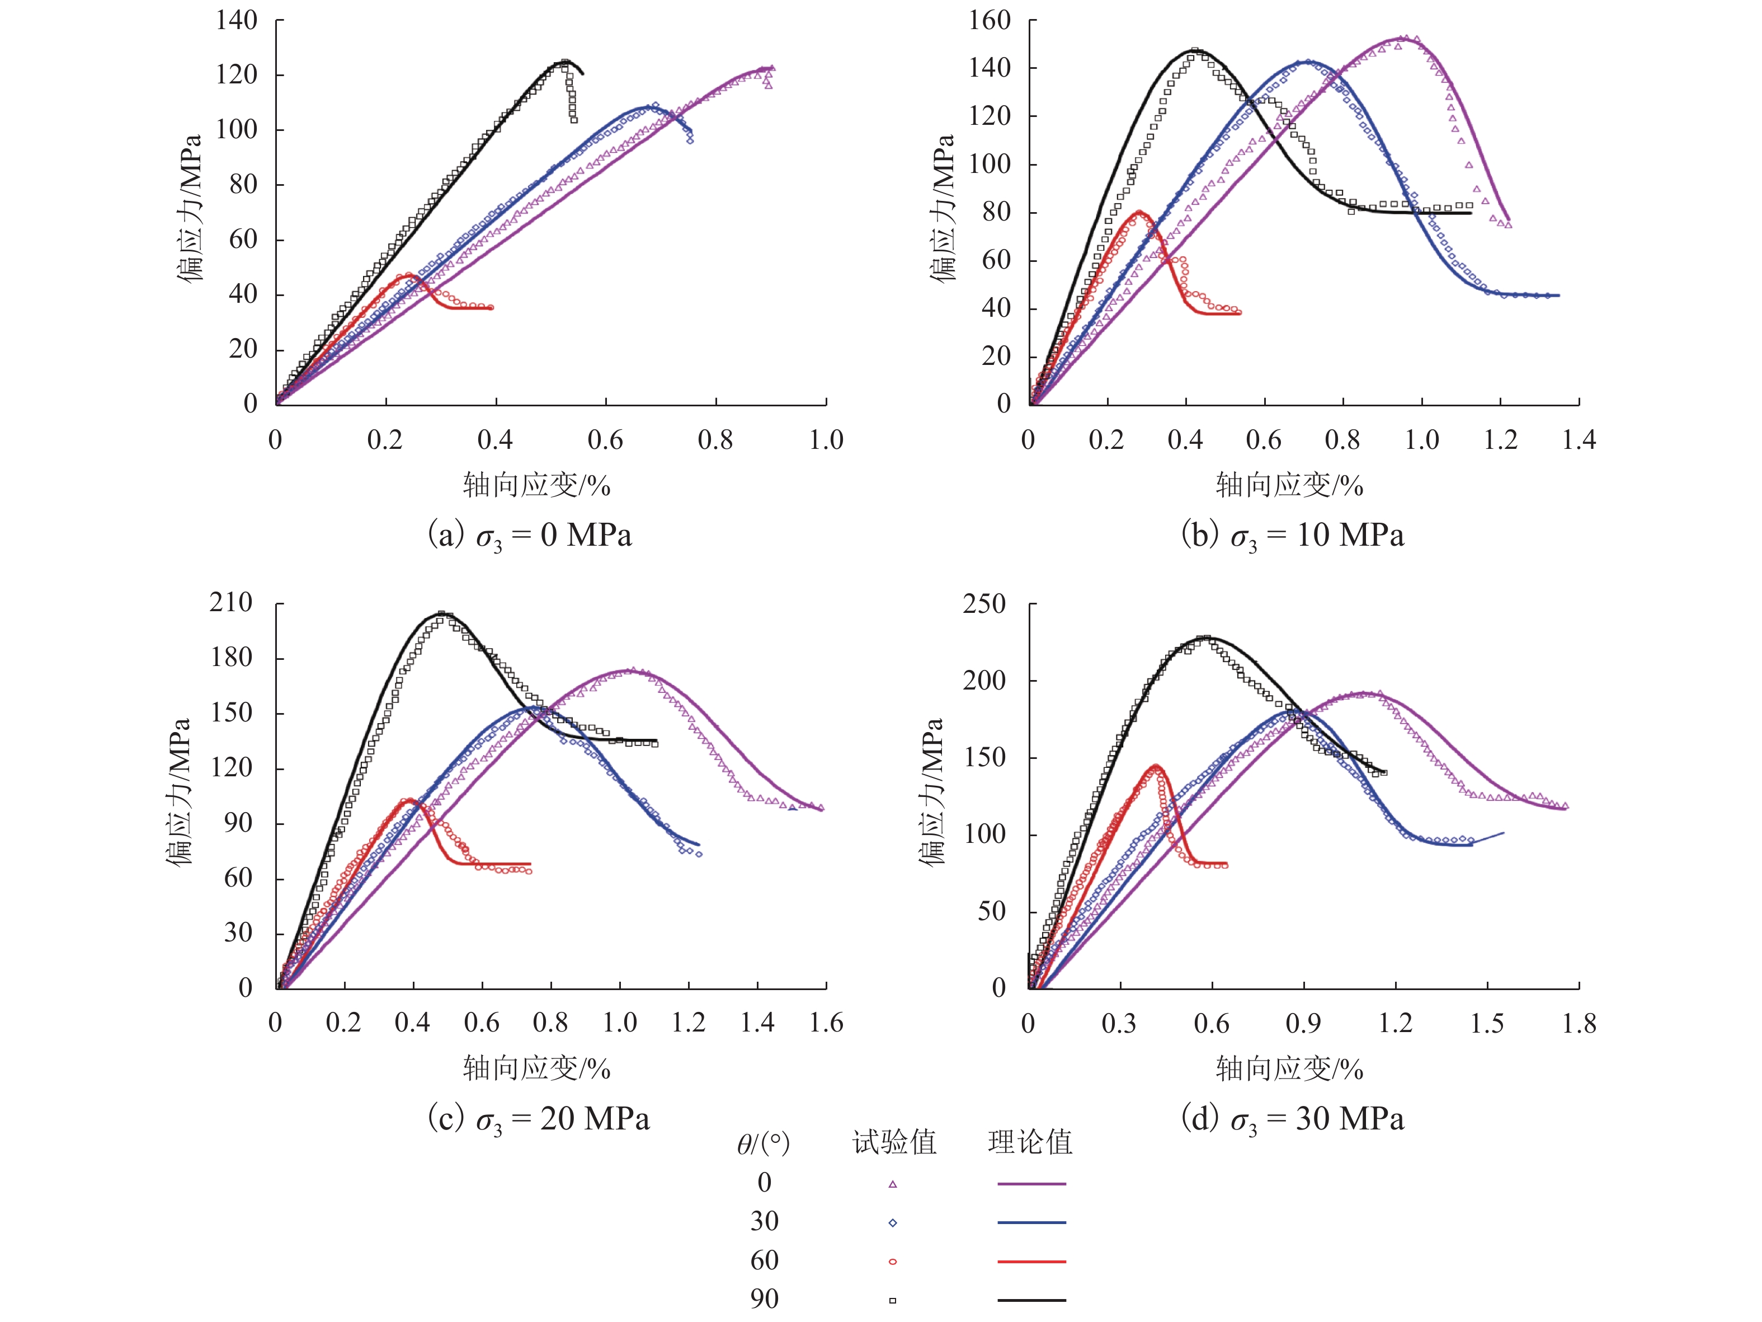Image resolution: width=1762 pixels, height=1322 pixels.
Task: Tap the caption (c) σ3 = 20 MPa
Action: click(539, 1119)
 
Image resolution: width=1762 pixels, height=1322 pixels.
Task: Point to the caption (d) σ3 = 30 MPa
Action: click(1292, 1119)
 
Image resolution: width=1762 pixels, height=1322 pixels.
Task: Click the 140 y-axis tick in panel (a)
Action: click(237, 20)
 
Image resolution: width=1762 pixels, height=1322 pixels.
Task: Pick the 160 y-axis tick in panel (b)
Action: click(990, 20)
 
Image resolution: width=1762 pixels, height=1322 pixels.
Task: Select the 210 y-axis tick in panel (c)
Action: click(231, 602)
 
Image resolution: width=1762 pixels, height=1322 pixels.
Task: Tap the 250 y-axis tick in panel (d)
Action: click(984, 604)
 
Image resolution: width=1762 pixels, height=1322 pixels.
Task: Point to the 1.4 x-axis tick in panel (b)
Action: click(1579, 440)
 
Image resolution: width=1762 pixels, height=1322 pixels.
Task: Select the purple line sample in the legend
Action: click(1031, 1184)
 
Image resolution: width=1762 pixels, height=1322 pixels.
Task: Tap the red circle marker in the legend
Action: click(893, 1262)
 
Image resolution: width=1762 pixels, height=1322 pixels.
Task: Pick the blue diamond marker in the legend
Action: click(893, 1223)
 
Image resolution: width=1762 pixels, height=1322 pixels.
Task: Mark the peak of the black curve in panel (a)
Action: click(565, 62)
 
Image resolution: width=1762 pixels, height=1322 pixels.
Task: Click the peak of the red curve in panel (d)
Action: click(1156, 767)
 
